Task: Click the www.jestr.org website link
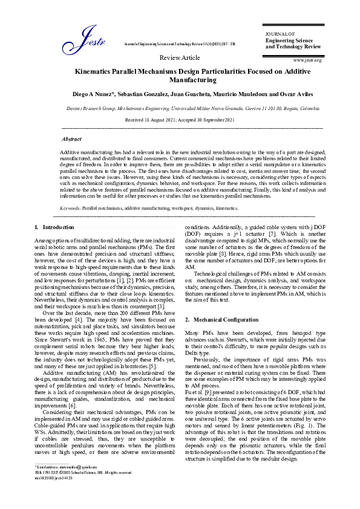pos(307,60)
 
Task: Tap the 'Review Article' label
pos(179,57)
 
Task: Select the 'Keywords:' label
pos(70,207)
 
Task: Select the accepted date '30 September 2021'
pos(210,120)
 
